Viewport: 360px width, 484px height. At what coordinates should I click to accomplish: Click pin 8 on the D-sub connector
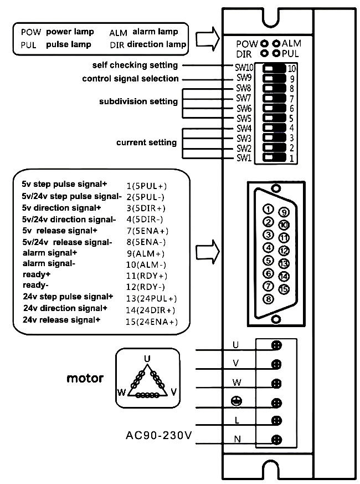click(269, 299)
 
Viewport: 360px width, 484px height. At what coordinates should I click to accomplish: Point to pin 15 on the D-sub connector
click(284, 289)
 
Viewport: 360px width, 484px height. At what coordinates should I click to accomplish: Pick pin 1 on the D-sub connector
click(269, 209)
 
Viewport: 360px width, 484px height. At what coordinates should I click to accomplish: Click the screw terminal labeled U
click(276, 345)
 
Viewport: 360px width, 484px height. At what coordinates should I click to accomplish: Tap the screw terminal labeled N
click(276, 440)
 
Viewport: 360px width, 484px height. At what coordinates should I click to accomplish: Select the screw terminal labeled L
click(276, 421)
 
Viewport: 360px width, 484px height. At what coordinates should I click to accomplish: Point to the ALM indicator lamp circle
click(275, 43)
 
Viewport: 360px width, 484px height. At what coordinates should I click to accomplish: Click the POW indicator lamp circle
click(265, 43)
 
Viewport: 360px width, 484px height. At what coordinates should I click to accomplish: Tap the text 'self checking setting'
click(135, 65)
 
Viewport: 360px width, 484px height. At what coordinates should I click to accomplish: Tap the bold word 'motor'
click(85, 379)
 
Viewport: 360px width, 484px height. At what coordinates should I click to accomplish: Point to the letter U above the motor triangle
click(147, 358)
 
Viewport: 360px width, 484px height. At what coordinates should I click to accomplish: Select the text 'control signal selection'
click(130, 79)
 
